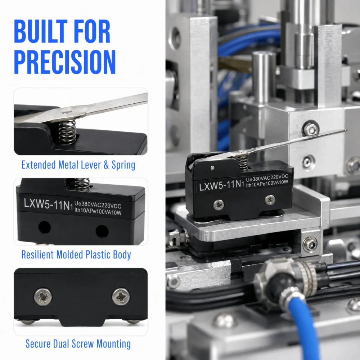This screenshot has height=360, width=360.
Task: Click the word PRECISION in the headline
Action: tap(65, 62)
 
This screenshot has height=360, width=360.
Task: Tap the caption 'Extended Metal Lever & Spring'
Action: tap(78, 165)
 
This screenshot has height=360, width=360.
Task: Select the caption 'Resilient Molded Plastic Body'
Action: tap(76, 255)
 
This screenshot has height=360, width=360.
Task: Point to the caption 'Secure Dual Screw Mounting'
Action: tap(78, 344)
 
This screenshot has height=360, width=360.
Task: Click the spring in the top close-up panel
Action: tap(67, 132)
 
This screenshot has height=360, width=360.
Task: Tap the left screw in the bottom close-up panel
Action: tap(43, 297)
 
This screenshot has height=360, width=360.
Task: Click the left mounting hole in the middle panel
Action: tap(44, 227)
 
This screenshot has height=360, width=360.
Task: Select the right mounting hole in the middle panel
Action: tap(102, 231)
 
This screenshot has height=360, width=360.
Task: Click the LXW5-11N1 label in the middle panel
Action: tap(49, 204)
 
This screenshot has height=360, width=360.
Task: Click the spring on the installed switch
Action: tap(243, 162)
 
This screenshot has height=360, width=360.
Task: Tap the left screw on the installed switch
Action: tap(219, 205)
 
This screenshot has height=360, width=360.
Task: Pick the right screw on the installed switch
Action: tap(270, 200)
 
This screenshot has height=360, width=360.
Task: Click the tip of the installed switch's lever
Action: tap(346, 130)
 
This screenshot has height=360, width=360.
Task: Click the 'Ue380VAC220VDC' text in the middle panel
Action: tap(98, 204)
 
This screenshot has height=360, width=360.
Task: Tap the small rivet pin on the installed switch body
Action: tap(213, 168)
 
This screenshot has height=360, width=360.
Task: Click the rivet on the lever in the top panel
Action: tap(66, 112)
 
